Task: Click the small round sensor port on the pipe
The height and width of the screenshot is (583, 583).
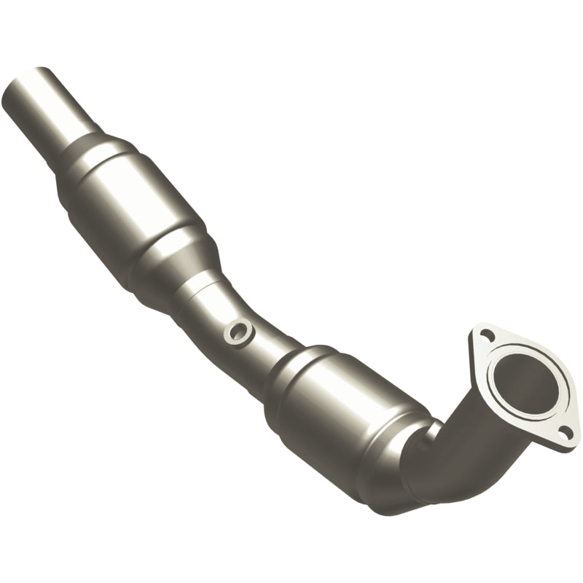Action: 238,332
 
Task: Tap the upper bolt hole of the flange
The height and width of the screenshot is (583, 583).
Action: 487,334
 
